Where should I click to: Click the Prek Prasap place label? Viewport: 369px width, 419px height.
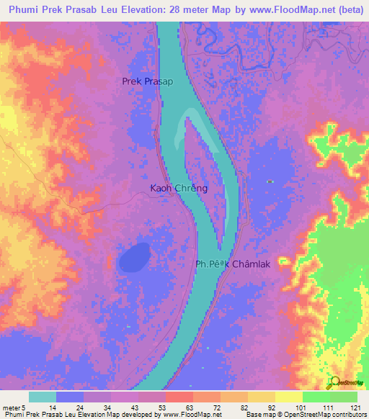[148, 82]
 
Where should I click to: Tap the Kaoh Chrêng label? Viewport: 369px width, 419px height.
[179, 189]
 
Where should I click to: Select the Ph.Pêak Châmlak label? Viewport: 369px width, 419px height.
[233, 264]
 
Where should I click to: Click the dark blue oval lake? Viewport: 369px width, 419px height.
[134, 257]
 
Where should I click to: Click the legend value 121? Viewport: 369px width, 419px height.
[353, 407]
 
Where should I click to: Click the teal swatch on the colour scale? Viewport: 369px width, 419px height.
[43, 397]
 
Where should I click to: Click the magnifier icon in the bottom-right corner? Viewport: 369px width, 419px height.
[335, 384]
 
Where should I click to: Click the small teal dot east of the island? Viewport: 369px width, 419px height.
[270, 181]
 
